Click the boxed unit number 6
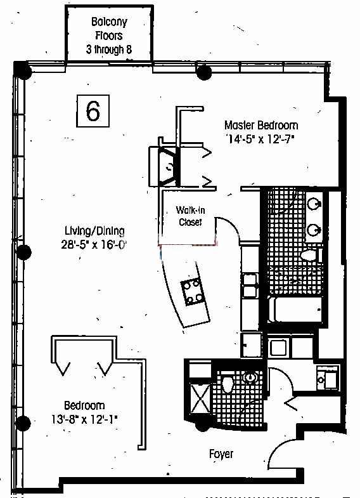pos(93,111)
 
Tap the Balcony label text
pos(109,22)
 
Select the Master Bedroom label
pos(261,125)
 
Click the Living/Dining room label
pos(94,231)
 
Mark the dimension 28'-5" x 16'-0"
pos(94,244)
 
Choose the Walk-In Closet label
pos(190,216)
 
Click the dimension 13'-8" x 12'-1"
pos(84,419)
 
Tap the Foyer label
pos(221,454)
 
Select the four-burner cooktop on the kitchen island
pos(192,291)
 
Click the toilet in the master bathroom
pos(310,254)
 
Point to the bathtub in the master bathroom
pos(295,309)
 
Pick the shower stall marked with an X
pos(200,398)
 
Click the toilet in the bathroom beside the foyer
pos(227,384)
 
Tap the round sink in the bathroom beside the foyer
pos(250,377)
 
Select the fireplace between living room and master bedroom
pos(165,166)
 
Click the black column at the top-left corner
pos(24,72)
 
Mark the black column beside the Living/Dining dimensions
pos(24,252)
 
